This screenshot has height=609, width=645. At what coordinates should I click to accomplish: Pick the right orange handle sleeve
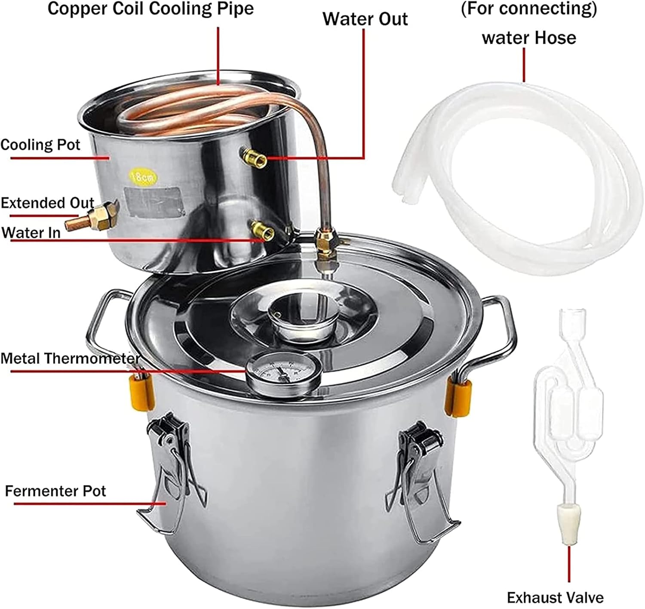click(x=457, y=396)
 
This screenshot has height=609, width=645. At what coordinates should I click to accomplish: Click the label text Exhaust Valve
click(x=555, y=597)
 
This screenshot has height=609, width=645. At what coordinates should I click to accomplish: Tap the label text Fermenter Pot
click(x=55, y=491)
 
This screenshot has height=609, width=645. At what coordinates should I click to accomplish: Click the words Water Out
click(x=365, y=19)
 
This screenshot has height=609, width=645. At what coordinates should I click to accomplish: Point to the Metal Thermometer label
click(x=69, y=358)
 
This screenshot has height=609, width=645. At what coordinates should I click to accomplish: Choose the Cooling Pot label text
click(x=40, y=145)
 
